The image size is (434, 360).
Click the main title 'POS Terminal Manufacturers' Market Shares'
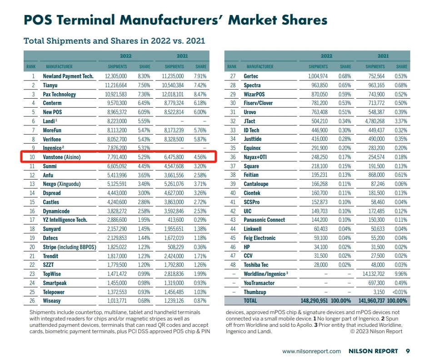175,20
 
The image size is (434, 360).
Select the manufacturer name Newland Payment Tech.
68,76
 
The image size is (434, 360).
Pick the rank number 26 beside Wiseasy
32,300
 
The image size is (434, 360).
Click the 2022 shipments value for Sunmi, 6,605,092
116,166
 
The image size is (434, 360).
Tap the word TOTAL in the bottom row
250,300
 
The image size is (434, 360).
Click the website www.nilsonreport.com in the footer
311,351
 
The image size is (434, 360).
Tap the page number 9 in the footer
408,351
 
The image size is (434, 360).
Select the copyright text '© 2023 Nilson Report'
376,331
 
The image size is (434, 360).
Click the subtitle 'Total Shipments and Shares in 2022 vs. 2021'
114,41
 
